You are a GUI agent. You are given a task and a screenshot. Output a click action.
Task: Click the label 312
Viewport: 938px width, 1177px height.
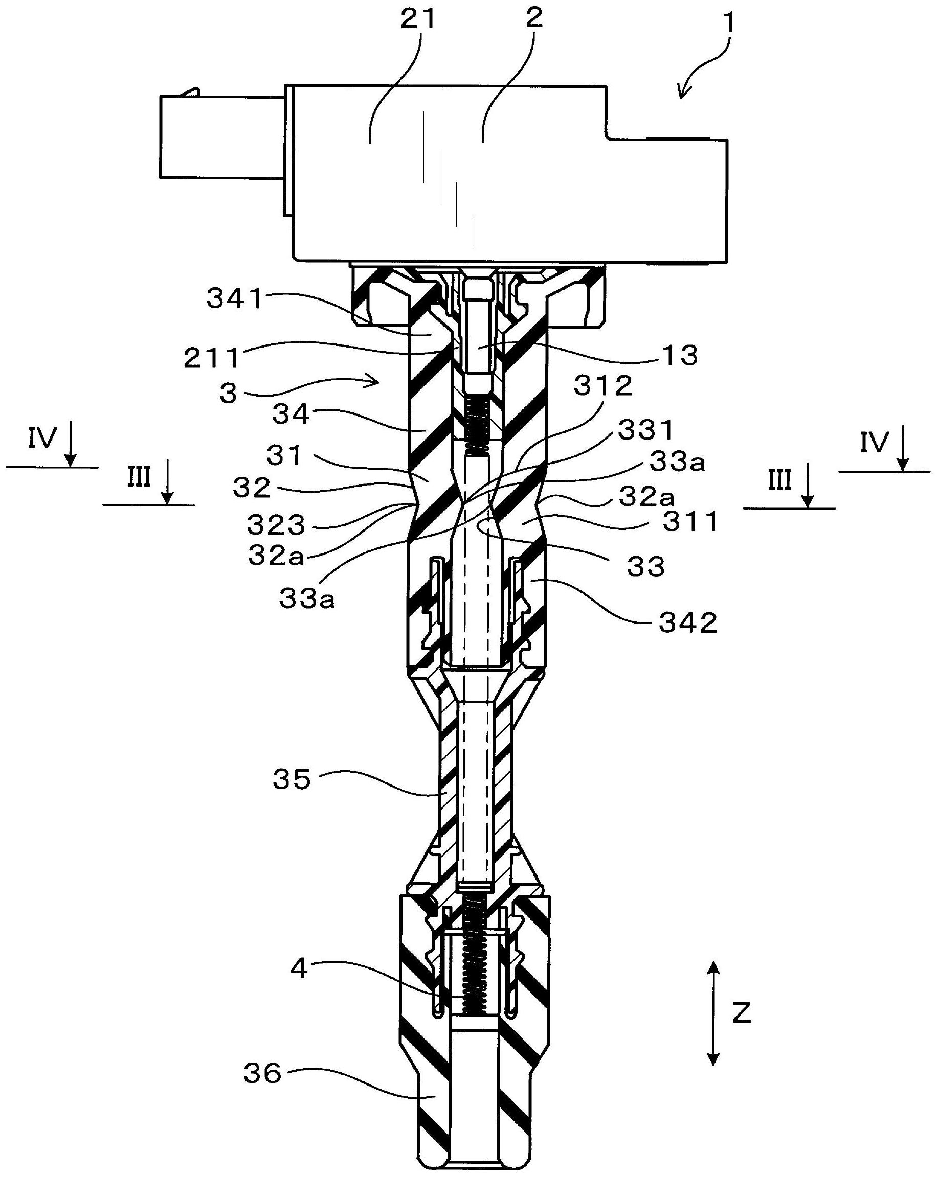pos(602,386)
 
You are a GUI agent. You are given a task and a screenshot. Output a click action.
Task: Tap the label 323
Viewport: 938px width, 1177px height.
pos(275,525)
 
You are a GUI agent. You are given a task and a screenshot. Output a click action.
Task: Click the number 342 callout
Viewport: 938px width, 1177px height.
pos(688,622)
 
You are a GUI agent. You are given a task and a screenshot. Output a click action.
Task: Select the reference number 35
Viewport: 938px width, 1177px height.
pos(292,779)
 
